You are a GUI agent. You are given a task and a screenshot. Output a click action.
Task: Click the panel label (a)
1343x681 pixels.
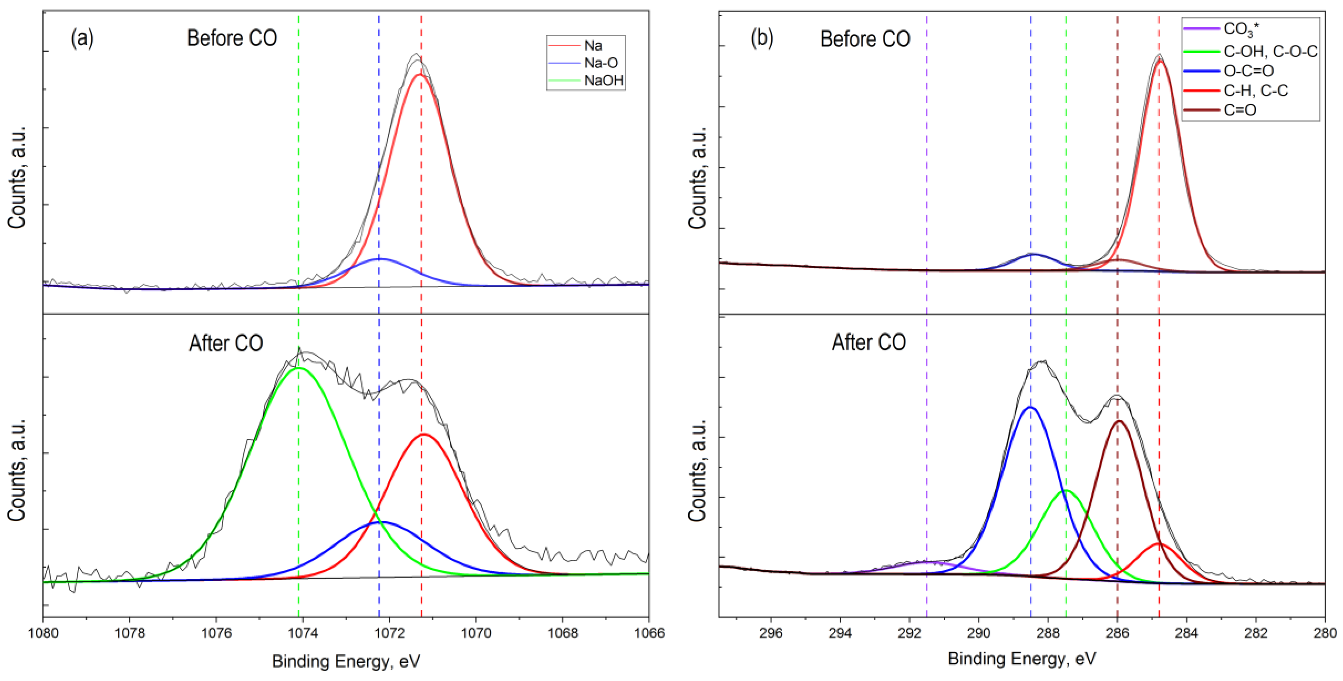click(x=82, y=39)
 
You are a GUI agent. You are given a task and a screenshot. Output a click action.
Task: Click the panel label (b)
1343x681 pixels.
click(x=762, y=39)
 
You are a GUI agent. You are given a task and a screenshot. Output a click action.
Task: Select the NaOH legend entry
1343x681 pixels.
click(x=603, y=81)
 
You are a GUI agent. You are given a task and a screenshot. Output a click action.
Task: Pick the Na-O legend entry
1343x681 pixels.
click(x=601, y=63)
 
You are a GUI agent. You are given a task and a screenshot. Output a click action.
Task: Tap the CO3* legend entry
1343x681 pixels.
click(x=1241, y=29)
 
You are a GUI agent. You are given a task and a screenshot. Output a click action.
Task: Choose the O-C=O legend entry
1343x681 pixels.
click(x=1248, y=71)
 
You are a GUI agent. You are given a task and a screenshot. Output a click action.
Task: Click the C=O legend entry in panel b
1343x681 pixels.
click(x=1240, y=110)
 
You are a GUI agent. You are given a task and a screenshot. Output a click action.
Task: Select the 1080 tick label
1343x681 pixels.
click(x=43, y=633)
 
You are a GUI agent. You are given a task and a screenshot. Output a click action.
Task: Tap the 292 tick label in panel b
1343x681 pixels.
click(x=909, y=633)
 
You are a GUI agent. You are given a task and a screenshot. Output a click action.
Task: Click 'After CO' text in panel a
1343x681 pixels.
click(x=226, y=343)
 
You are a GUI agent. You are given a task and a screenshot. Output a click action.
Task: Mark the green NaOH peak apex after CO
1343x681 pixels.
click(x=298, y=367)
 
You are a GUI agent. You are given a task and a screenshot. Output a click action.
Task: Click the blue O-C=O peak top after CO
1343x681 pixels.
click(x=1030, y=407)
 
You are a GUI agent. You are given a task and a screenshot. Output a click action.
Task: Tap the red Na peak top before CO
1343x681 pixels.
click(x=420, y=74)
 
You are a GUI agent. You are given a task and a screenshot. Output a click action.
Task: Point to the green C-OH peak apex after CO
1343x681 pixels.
click(x=1066, y=490)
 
